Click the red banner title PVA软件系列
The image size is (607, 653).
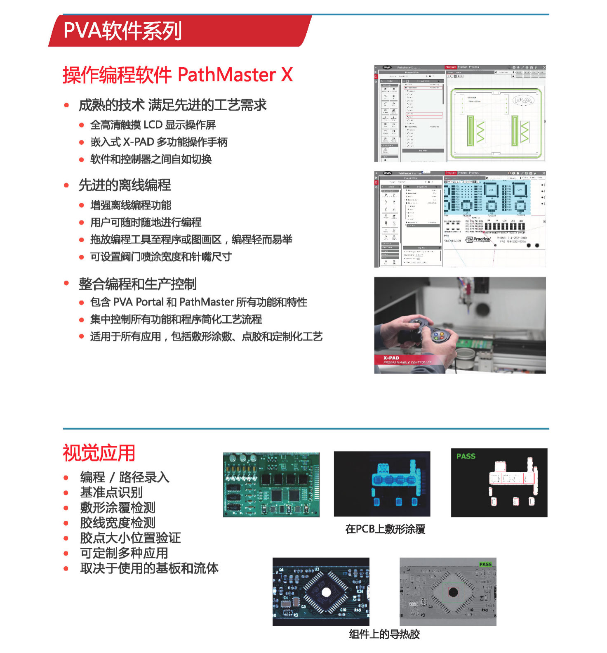(x=122, y=31)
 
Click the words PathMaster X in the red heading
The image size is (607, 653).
(x=235, y=75)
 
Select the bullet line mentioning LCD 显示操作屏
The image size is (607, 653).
(x=153, y=125)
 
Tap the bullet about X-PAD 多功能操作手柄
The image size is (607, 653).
(x=159, y=142)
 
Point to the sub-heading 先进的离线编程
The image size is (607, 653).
(x=125, y=185)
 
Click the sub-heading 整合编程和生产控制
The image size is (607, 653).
(x=138, y=284)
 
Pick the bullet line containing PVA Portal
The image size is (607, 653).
(x=198, y=302)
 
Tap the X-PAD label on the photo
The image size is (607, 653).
(x=391, y=358)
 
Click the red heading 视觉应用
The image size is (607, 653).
(x=99, y=453)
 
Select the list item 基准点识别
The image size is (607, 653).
(x=111, y=492)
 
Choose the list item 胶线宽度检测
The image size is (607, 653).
(x=118, y=523)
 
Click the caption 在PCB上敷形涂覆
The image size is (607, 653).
(x=385, y=529)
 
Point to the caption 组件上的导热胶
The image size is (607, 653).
(x=384, y=634)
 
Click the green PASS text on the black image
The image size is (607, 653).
(x=466, y=456)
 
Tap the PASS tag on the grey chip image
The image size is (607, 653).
(x=485, y=564)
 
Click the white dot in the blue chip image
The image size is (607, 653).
(x=326, y=592)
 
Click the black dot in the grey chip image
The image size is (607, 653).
(x=453, y=592)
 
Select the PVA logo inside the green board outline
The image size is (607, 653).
(x=523, y=100)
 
